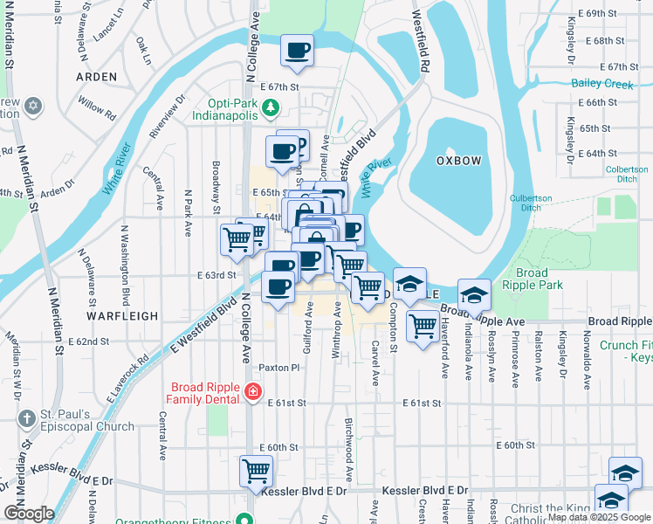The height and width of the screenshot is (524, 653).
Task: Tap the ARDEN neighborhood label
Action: (96, 77)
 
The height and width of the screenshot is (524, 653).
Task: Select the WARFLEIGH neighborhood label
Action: (123, 315)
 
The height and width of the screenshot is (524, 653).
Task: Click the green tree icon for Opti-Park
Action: (271, 107)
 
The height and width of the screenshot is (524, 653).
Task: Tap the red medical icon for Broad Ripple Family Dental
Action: (252, 391)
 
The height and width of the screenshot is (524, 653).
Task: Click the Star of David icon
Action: (33, 106)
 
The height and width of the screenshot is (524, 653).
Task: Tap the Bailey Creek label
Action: (601, 84)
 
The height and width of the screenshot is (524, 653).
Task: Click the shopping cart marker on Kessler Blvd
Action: (256, 471)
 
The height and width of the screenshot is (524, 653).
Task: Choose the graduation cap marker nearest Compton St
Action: (409, 284)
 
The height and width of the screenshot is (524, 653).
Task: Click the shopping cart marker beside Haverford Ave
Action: (423, 326)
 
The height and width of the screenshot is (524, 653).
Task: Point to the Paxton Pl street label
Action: (278, 368)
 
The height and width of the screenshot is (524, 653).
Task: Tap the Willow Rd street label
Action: (97, 107)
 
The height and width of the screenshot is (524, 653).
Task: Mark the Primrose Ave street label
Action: (515, 358)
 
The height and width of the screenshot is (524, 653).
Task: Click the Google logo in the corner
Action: (29, 514)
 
